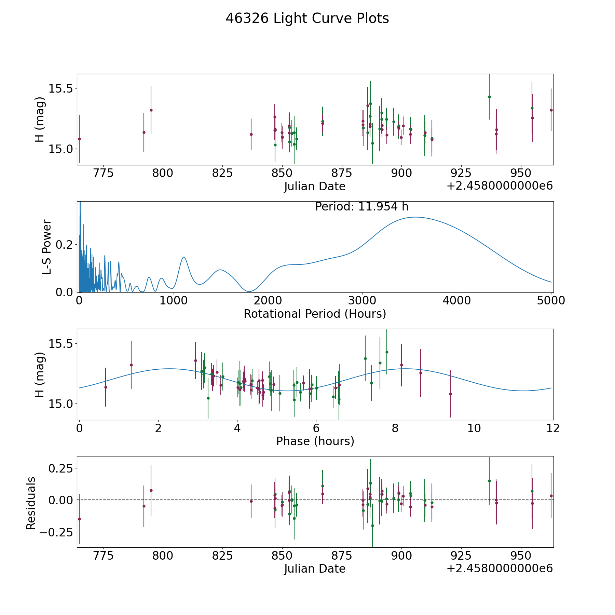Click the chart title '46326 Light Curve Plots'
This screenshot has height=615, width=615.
(307, 18)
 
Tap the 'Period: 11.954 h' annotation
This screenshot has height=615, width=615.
(362, 207)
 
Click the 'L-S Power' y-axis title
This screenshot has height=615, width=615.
(47, 247)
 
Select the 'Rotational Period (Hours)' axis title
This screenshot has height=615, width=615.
(315, 314)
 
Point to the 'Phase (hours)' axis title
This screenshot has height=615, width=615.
(315, 441)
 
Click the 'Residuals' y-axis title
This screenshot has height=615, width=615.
(31, 503)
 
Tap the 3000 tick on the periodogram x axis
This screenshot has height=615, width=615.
(362, 300)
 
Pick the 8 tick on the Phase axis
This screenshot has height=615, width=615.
(395, 428)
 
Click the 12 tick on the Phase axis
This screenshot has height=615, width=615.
(553, 428)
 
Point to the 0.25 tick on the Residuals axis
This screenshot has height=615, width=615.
(61, 468)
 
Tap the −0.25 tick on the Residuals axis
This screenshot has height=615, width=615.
(57, 532)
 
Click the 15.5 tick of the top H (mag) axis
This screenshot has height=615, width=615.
(61, 88)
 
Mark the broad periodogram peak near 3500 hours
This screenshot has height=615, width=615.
(415, 217)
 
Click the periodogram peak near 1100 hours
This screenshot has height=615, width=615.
(184, 257)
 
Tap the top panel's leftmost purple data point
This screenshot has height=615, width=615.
(79, 139)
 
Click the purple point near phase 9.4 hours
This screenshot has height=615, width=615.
(450, 394)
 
